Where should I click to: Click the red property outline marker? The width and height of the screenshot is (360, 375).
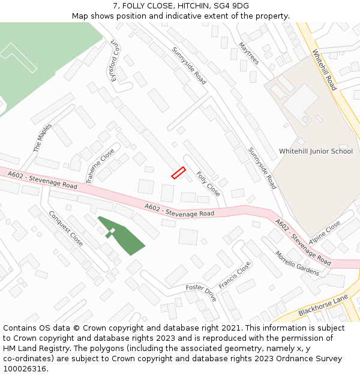[x=178, y=173]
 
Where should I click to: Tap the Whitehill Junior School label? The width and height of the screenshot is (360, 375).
[x=316, y=151]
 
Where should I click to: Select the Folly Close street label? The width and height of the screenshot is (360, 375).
[x=208, y=184]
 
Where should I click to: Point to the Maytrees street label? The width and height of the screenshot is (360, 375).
[x=248, y=53]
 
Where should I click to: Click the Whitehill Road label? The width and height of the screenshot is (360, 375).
[x=325, y=70]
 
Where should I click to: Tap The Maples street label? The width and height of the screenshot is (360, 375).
[x=42, y=137]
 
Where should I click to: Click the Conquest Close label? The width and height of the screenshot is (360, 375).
[x=66, y=228]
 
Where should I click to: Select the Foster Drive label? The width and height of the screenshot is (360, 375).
[x=201, y=293]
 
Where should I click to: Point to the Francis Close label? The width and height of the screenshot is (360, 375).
[x=235, y=275]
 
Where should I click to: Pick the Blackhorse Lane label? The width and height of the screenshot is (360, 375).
[x=323, y=305]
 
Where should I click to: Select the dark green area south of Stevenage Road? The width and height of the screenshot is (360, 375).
[x=123, y=237]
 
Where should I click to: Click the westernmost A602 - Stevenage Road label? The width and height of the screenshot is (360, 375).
[x=43, y=180]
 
